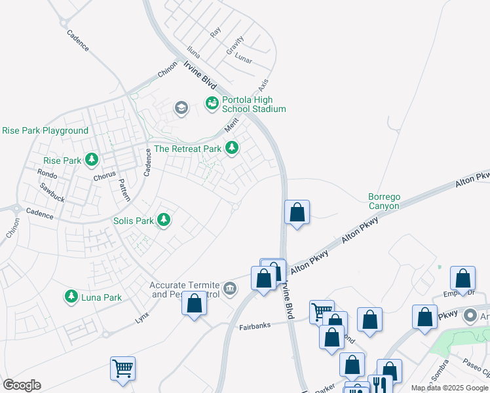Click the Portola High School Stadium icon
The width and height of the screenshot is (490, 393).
tap(212, 103)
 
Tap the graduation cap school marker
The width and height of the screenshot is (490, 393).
tap(181, 107)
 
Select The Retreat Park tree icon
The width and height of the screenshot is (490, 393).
tap(231, 149)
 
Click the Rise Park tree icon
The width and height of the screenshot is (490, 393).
tap(91, 160)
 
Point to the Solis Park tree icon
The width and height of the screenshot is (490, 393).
tap(163, 220)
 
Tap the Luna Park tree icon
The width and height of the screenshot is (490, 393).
tap(71, 297)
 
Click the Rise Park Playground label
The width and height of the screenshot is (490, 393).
tap(45, 130)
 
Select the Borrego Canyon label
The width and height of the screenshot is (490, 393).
tap(383, 201)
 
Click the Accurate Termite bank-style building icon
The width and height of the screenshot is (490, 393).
tap(230, 288)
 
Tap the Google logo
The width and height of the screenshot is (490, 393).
tap(22, 385)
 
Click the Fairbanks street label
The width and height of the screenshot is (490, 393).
tap(254, 326)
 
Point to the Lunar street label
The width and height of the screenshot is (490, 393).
tap(244, 60)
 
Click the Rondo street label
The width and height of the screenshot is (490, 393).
tap(47, 175)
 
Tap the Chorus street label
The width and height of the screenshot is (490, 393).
tap(104, 175)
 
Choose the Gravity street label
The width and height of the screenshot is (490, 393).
tap(235, 47)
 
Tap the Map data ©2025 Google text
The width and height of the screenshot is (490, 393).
tap(449, 388)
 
